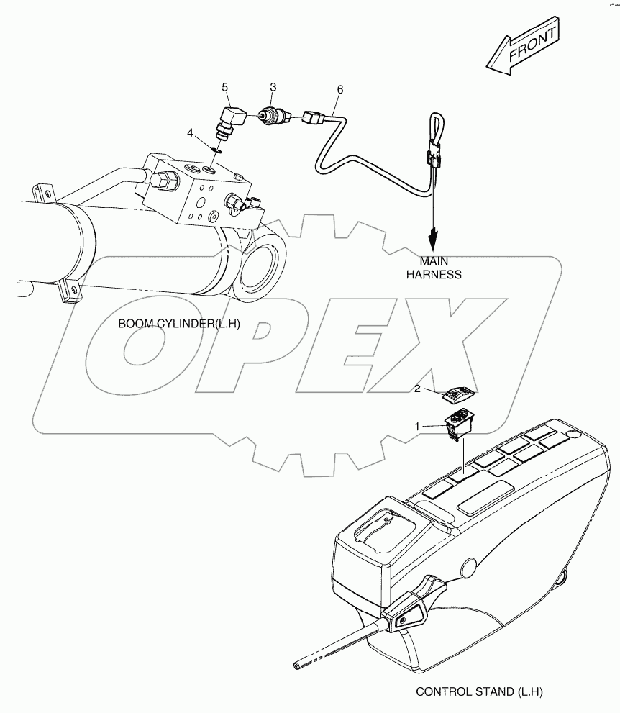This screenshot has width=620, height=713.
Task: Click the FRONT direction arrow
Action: pos(523,46)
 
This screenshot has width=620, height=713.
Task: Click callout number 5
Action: pos(225,87)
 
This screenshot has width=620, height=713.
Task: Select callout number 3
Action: pos(273,87)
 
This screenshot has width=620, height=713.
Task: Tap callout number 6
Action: pos(340,90)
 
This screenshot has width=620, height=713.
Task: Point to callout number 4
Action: pos(191,133)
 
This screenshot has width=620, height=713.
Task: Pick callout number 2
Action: pos(417,389)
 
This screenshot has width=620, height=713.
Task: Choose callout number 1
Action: pos(417,427)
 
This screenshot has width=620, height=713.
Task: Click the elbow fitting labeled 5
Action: pos(231,122)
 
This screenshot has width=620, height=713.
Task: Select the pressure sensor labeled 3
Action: pos(273,116)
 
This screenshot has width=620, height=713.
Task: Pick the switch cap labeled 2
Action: pos(460,394)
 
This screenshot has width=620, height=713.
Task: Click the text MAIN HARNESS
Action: pos(434,268)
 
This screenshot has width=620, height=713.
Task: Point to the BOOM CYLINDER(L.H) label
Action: pos(179,324)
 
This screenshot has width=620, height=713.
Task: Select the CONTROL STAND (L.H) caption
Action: pos(480,691)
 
